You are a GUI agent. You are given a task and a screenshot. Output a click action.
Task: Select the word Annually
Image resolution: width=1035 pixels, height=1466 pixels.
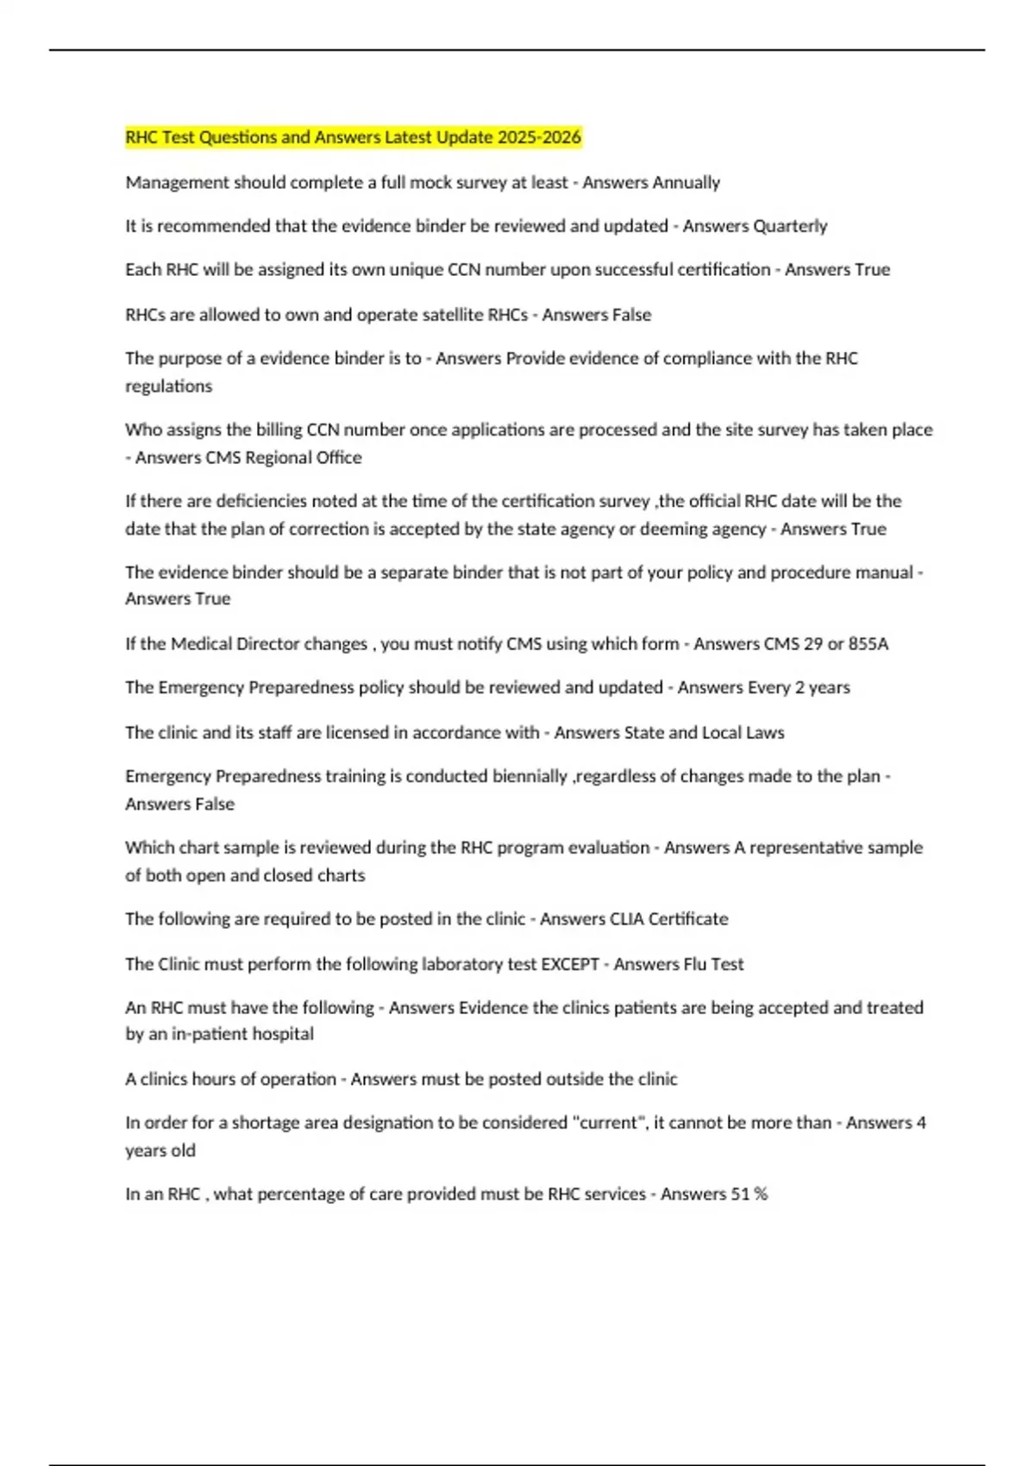coord(686,183)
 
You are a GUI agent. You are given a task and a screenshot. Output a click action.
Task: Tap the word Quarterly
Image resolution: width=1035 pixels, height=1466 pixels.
coord(790,226)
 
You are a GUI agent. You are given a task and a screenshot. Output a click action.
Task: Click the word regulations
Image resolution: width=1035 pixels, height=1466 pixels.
coord(168,386)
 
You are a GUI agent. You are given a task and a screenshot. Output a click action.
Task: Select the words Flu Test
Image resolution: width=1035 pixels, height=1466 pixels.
coord(711,964)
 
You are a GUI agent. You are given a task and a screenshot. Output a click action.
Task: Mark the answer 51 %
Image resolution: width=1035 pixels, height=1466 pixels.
coord(749,1194)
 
